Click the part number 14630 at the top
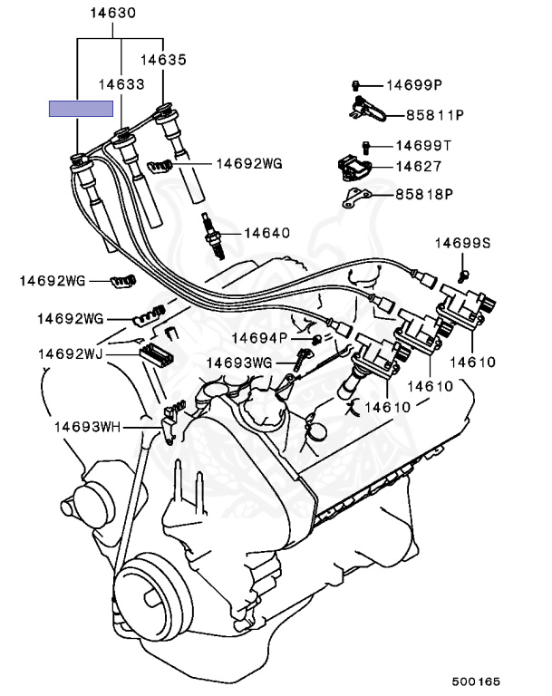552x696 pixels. [112, 14]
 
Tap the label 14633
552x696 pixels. [121, 83]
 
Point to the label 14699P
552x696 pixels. [413, 85]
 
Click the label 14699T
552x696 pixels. [423, 145]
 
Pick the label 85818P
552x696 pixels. [423, 194]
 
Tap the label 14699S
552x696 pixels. [462, 242]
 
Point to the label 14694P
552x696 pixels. [258, 337]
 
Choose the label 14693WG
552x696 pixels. [239, 362]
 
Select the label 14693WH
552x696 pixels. [85, 424]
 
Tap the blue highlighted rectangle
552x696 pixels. [81, 108]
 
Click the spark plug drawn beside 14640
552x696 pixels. [213, 234]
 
